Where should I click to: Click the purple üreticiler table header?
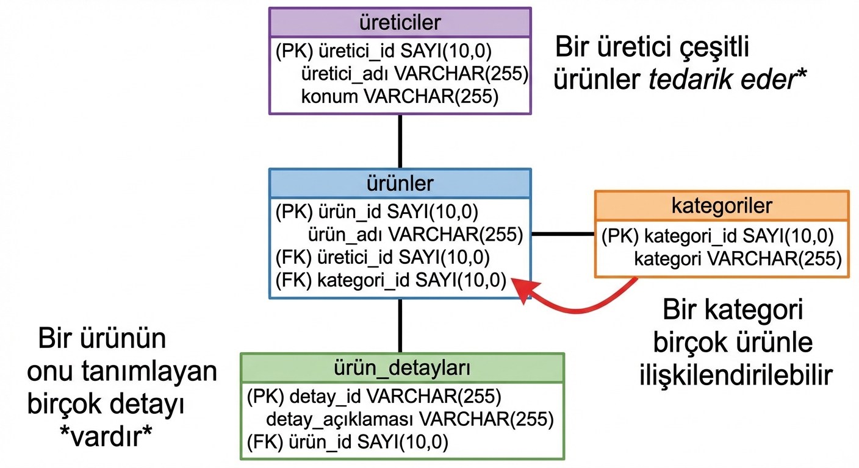[400, 23]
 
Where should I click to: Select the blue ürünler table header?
[400, 183]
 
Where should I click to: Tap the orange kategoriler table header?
[722, 205]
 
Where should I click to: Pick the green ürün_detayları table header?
[402, 368]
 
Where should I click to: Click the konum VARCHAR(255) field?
[400, 96]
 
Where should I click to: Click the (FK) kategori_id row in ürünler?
[391, 280]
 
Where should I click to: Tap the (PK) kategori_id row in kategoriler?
[717, 236]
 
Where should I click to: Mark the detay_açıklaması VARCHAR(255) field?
[409, 419]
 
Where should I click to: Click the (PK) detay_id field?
[374, 397]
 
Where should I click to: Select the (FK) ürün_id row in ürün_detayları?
[348, 441]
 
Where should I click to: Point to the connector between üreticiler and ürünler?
[400, 141]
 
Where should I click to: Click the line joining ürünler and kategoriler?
[563, 234]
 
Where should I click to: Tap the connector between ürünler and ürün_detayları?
[400, 325]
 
